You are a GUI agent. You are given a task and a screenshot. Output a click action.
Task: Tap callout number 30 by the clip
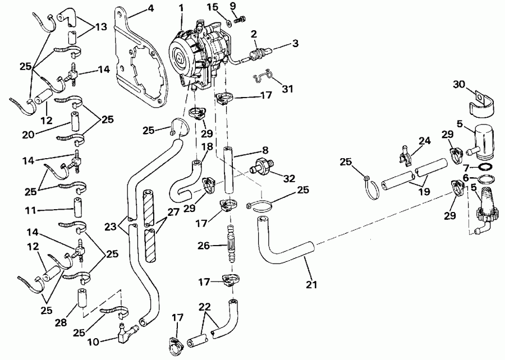[460, 84]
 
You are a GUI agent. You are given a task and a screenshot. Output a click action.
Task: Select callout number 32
[290, 179]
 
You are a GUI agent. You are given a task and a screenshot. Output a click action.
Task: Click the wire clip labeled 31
[262, 76]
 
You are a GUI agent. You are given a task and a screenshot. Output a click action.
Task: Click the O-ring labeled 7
[487, 167]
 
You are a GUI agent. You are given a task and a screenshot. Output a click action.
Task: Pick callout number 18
[207, 146]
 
